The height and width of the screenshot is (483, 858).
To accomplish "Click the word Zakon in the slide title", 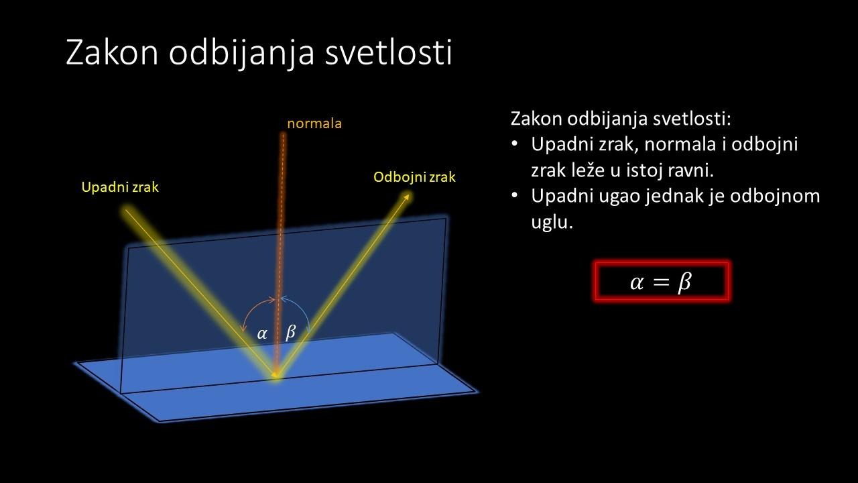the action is click(x=112, y=52).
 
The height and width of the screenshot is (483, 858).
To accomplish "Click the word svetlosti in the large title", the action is click(x=388, y=52).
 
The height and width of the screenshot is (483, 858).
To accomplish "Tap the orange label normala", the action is click(x=314, y=123).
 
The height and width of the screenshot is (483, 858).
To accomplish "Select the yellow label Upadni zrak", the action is click(x=120, y=187).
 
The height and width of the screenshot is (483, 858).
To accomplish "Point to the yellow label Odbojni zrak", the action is click(x=414, y=177).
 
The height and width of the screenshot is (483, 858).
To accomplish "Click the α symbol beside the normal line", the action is click(x=262, y=333).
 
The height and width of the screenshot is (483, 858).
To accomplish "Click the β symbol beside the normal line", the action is click(x=291, y=332).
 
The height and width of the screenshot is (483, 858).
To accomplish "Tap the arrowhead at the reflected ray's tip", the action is click(x=406, y=197).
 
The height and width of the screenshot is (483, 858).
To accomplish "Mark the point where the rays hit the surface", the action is click(x=275, y=374).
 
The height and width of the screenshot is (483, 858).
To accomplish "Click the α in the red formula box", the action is click(x=637, y=282).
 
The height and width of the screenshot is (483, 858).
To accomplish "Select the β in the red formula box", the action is click(x=684, y=282).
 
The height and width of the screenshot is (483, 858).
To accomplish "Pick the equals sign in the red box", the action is click(x=661, y=282).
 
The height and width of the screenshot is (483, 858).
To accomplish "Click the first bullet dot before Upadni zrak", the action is click(x=514, y=144).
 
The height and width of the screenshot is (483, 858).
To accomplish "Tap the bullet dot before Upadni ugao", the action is click(x=514, y=195).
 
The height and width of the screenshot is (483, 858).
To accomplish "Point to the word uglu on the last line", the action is click(x=552, y=222).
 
